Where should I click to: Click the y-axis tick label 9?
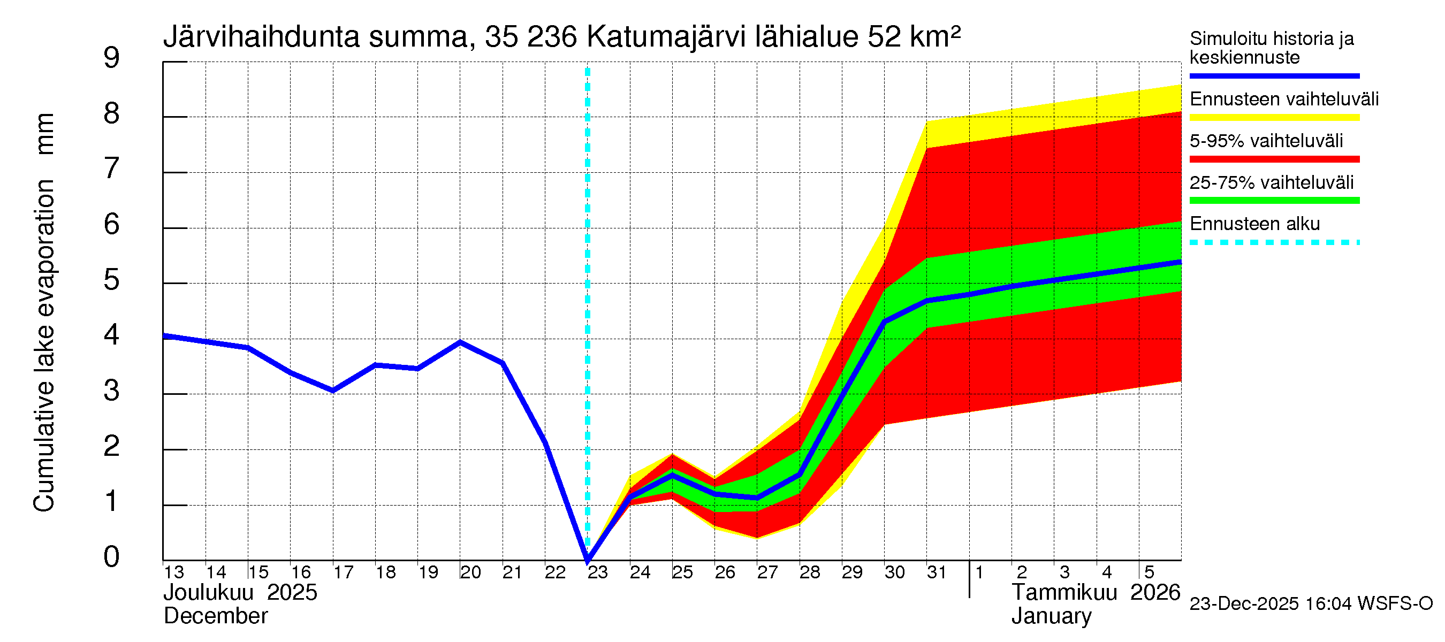pyautogui.click(x=112, y=58)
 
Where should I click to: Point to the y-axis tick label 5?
pyautogui.click(x=112, y=279)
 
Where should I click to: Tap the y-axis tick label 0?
pyautogui.click(x=112, y=557)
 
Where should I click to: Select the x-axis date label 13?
pyautogui.click(x=174, y=572)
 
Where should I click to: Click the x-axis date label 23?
pyautogui.click(x=597, y=572)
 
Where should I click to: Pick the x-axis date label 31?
pyautogui.click(x=936, y=572)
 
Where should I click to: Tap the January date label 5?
pyautogui.click(x=1149, y=572)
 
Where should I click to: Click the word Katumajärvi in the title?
pyautogui.click(x=666, y=37)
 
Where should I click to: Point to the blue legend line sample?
pyautogui.click(x=1274, y=75)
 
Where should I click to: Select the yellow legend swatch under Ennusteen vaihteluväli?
pyautogui.click(x=1274, y=117)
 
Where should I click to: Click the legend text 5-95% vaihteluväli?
pyautogui.click(x=1266, y=141)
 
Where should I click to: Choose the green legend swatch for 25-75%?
pyautogui.click(x=1274, y=200)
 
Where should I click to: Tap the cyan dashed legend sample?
pyautogui.click(x=1274, y=242)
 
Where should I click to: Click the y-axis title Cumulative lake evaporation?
pyautogui.click(x=44, y=345)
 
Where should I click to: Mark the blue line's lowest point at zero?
pyautogui.click(x=587, y=560)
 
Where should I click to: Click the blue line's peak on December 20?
pyautogui.click(x=460, y=342)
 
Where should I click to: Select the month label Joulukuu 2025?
pyautogui.click(x=240, y=593)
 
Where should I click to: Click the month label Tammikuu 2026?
pyautogui.click(x=1096, y=593)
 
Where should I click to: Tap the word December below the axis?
pyautogui.click(x=215, y=616)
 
